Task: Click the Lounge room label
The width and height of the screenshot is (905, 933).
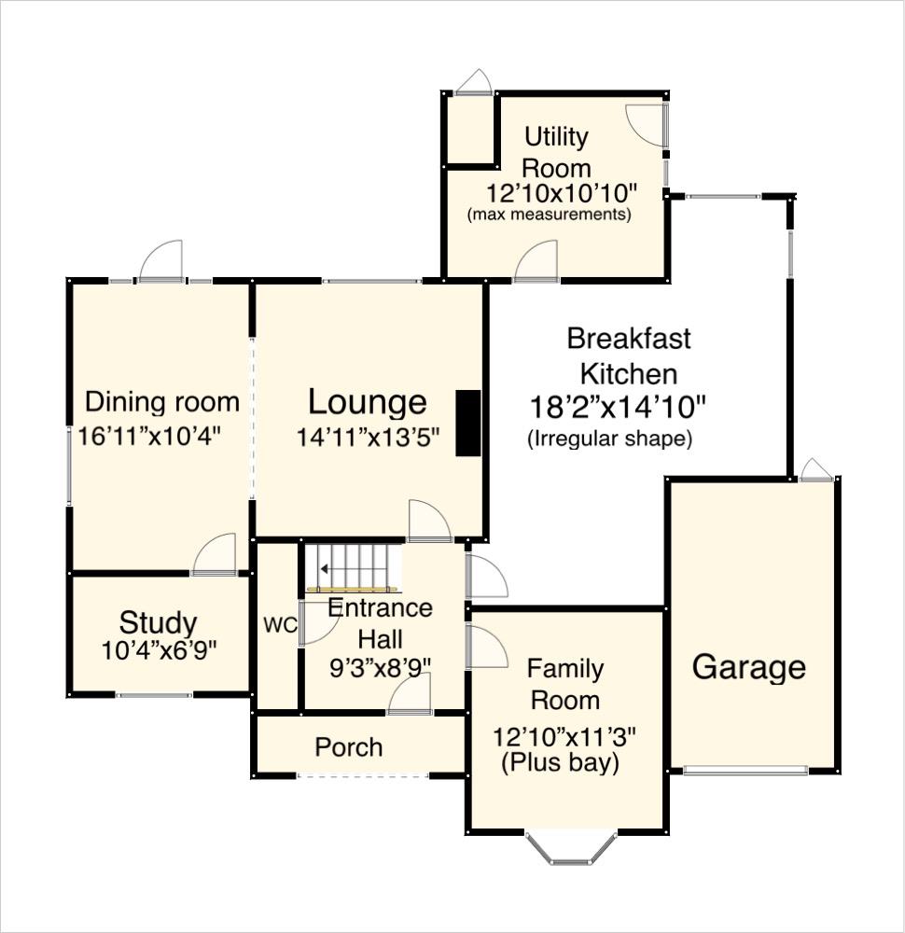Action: click(368, 403)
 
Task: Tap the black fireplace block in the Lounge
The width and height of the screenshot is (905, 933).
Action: click(467, 424)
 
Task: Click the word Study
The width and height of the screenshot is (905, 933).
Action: click(158, 623)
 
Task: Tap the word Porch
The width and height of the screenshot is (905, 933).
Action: click(348, 747)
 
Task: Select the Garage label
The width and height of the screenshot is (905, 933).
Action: click(748, 667)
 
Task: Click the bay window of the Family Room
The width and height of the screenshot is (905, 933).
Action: click(571, 846)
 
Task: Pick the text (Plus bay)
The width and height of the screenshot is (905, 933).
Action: click(560, 763)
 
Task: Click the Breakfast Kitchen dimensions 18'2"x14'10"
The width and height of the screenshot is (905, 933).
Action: click(618, 407)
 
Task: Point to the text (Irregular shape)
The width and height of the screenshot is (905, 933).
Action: click(609, 439)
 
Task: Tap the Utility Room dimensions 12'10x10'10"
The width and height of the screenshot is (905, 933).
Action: click(562, 193)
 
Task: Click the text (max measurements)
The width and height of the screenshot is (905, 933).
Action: click(549, 215)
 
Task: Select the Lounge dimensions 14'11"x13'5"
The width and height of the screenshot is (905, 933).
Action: click(368, 436)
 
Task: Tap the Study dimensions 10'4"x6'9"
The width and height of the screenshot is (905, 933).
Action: click(159, 650)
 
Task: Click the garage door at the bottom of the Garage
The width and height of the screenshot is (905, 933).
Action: click(745, 771)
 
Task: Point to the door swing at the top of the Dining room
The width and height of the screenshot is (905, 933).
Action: click(162, 262)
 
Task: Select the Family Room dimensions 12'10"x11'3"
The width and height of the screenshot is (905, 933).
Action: click(564, 735)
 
